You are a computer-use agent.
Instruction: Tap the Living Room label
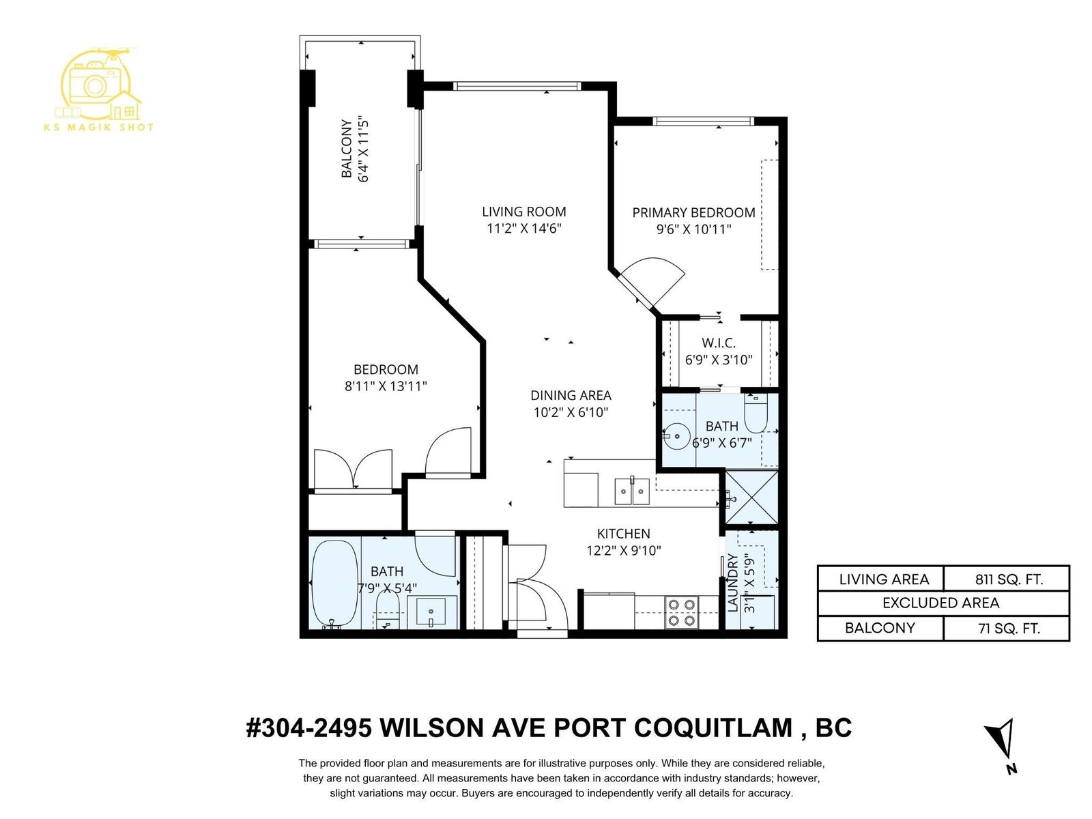pos(524,212)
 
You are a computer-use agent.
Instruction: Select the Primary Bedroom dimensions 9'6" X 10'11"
pos(693,229)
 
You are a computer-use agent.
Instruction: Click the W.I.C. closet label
pos(719,343)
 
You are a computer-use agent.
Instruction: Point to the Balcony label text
pos(346,147)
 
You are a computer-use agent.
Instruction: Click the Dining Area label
pos(571,395)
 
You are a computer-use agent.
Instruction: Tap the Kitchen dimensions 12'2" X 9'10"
pos(623,551)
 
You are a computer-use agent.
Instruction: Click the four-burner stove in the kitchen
pos(682,612)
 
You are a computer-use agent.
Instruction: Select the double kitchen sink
pos(632,491)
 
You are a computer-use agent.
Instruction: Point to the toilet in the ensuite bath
pos(756,413)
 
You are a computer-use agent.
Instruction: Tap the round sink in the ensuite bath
pos(677,436)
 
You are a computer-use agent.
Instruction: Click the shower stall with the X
pos(751,497)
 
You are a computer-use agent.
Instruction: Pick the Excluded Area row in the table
pos(943,603)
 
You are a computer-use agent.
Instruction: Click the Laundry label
pos(732,582)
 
